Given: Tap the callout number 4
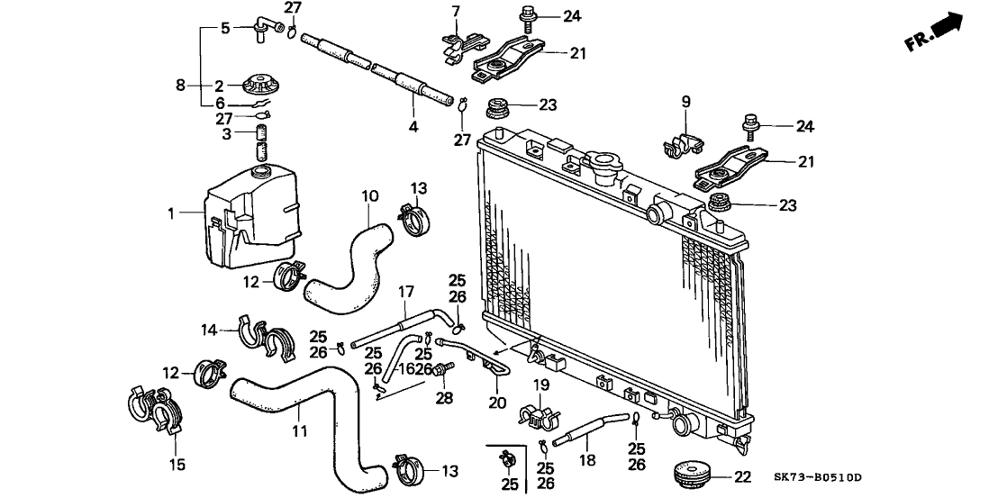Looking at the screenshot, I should [x=413, y=127].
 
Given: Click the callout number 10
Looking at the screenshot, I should [x=367, y=195].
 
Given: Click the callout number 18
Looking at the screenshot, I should [x=586, y=458].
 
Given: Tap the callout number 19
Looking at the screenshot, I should [x=540, y=385].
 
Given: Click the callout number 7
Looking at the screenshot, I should [x=456, y=11].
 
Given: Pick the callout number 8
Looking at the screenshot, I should [x=181, y=86].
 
